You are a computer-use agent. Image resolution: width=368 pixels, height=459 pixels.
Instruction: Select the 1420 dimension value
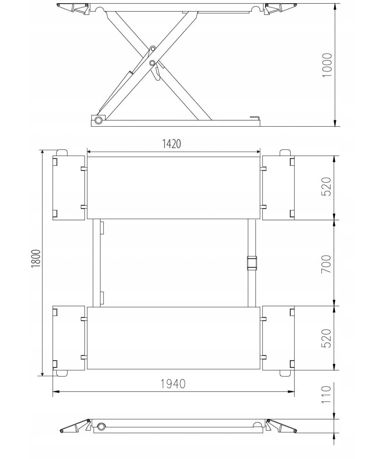tap(171, 144)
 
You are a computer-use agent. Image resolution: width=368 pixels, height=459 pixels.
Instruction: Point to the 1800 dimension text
tap(36, 258)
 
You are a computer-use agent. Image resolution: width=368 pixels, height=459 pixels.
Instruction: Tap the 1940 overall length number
tap(173, 384)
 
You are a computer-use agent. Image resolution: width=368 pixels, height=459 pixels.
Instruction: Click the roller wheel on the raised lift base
tap(98, 120)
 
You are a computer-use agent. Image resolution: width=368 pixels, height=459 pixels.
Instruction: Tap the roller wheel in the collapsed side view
tap(102, 426)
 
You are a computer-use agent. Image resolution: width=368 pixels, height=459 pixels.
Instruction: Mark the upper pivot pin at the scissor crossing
tap(153, 49)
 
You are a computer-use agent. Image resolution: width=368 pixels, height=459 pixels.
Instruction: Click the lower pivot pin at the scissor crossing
tap(152, 63)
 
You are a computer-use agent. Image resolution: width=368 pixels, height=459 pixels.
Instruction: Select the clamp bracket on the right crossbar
tap(252, 263)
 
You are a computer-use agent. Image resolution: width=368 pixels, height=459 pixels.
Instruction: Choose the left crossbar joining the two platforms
tap(97, 263)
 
